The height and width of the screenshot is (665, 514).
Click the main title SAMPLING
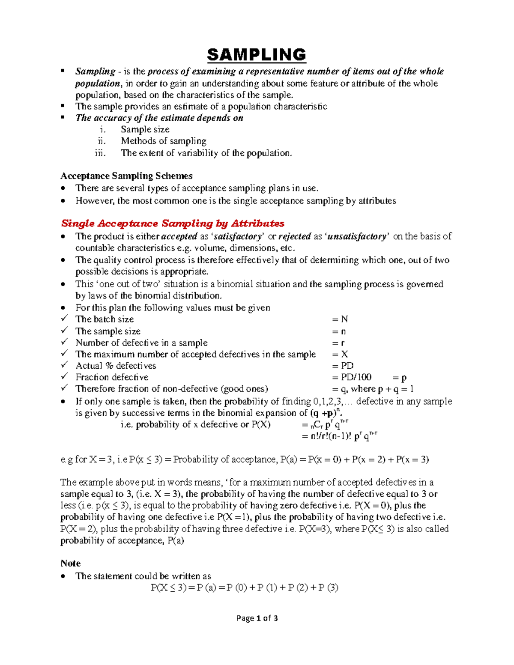point(257,55)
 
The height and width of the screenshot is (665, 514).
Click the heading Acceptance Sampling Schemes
point(126,176)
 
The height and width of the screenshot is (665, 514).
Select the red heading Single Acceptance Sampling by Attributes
point(173,224)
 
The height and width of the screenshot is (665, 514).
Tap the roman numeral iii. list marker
point(100,153)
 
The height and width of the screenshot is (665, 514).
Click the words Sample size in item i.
point(145,129)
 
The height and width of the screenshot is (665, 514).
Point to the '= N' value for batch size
point(340,319)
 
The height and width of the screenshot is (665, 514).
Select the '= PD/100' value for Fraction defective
point(352,377)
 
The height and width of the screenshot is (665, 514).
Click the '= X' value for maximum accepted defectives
point(340,354)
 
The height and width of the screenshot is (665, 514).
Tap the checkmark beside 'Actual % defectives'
point(64,365)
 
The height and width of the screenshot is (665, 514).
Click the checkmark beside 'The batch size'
point(64,319)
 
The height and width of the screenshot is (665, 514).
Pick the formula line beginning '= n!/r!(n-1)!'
point(339,436)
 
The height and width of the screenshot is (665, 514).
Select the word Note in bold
point(70,564)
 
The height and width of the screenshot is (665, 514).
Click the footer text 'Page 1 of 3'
point(257,618)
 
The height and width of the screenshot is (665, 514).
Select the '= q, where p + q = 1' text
point(373,389)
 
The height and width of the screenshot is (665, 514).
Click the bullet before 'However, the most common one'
point(63,201)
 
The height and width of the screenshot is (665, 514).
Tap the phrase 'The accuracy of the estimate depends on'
point(159,118)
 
